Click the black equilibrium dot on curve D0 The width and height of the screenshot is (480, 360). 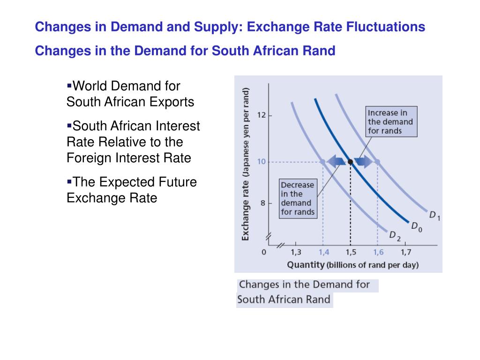point(350,162)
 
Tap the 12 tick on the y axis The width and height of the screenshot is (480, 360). point(262,115)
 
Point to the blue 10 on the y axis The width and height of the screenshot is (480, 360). point(261,162)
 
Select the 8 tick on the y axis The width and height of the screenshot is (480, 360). point(263,203)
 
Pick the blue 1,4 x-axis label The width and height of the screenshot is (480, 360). point(323,253)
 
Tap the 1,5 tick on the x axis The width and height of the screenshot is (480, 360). point(351,253)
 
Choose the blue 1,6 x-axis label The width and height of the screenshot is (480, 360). point(378,253)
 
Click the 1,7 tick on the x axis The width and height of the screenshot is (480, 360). point(405,253)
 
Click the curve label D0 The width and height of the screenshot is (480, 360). point(416,226)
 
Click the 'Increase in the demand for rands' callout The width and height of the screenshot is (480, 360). point(391,122)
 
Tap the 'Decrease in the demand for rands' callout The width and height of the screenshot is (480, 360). point(298,198)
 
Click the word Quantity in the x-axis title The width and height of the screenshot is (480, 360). point(306,265)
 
